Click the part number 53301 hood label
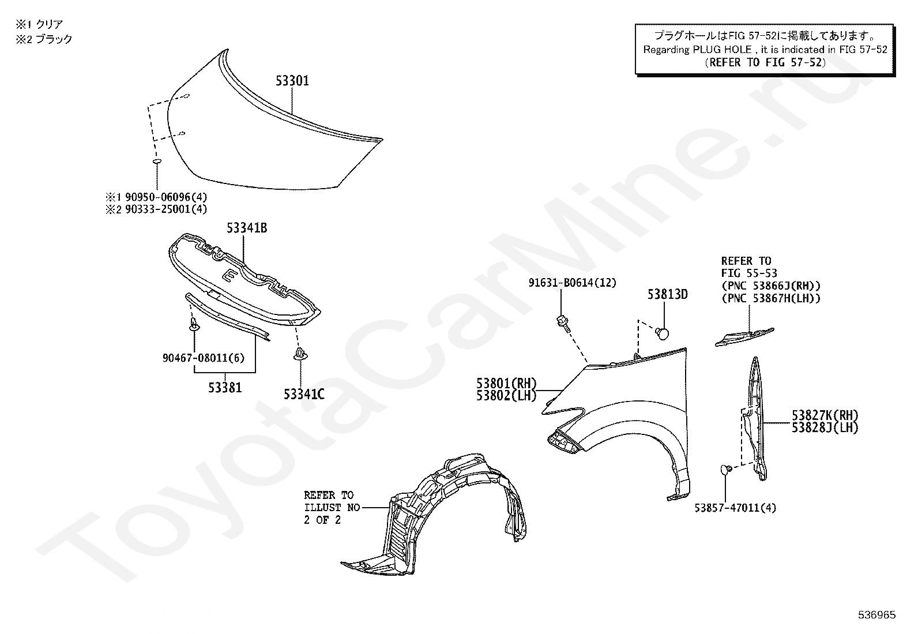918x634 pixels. pos(292,81)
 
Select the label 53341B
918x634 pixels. pos(246,228)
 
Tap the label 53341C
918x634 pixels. pos(304,394)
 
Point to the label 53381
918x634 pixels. pos(225,388)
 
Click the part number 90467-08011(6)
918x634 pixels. pos(204,358)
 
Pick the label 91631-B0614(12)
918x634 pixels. pos(572,283)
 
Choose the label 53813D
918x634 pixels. pos(667,295)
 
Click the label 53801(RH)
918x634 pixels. pos(506,384)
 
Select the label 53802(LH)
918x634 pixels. pos(506,396)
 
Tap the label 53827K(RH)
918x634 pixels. pos(825,415)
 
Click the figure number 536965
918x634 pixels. pos(876,615)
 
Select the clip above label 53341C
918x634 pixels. pos(300,352)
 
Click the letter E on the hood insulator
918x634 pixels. pos(228,276)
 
